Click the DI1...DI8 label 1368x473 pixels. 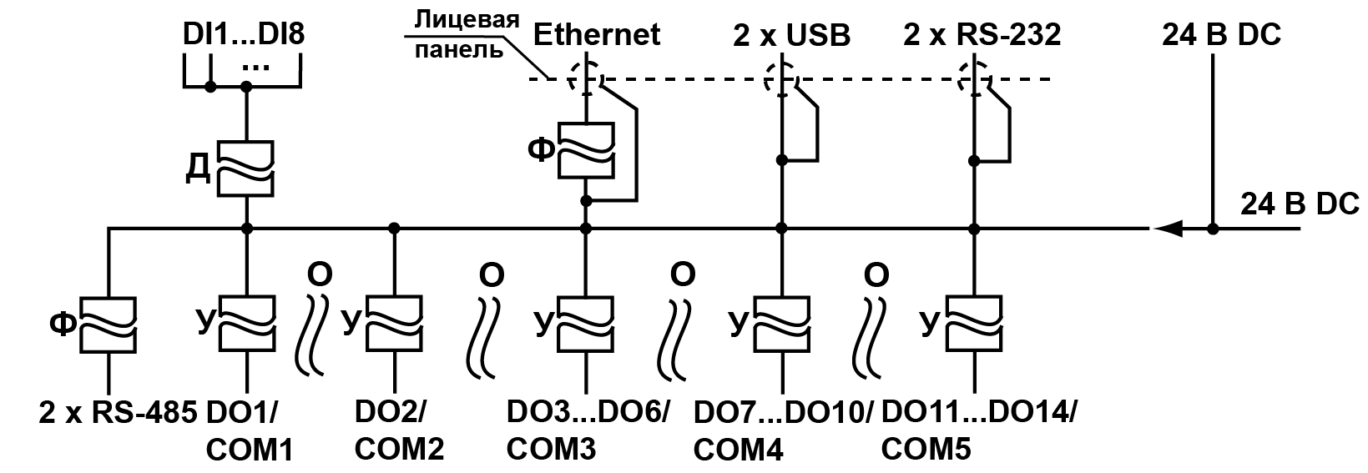(244, 35)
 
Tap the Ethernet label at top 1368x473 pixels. (596, 35)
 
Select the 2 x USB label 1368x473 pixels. (791, 35)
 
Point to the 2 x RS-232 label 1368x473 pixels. (982, 35)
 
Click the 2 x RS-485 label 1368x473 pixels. (117, 412)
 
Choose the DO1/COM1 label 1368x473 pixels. (249, 430)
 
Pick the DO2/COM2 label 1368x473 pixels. (399, 430)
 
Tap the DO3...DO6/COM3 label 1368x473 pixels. (588, 430)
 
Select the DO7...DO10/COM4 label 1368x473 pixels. (783, 430)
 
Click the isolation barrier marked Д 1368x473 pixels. (246, 168)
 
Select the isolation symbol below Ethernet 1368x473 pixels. (586, 149)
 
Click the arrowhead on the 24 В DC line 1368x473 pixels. (1165, 228)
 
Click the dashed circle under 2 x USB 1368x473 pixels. (781, 80)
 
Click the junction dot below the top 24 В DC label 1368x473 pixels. (1213, 228)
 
